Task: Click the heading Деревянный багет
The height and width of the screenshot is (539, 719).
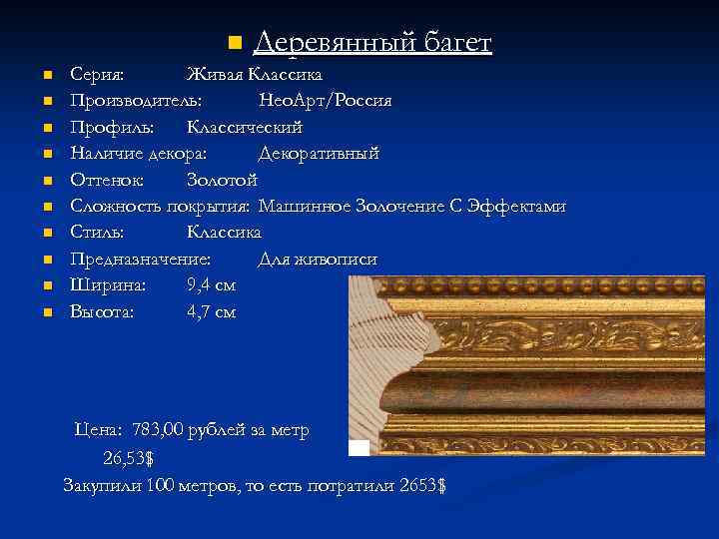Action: [372, 42]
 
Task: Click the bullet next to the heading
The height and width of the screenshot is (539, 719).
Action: [235, 43]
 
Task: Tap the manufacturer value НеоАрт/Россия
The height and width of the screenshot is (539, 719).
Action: [325, 101]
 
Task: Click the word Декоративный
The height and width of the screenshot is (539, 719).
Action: [319, 154]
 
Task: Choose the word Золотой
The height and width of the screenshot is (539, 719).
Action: [222, 180]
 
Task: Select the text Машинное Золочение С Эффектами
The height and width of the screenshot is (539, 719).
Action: [411, 207]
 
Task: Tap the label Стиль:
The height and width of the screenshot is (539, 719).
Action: [97, 233]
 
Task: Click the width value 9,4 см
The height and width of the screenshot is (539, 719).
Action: [211, 285]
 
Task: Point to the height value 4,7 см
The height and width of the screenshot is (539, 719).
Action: [211, 311]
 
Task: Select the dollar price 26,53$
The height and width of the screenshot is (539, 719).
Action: [128, 458]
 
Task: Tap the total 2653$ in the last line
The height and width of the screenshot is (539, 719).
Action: [421, 486]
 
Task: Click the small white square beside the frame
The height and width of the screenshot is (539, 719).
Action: [359, 447]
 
